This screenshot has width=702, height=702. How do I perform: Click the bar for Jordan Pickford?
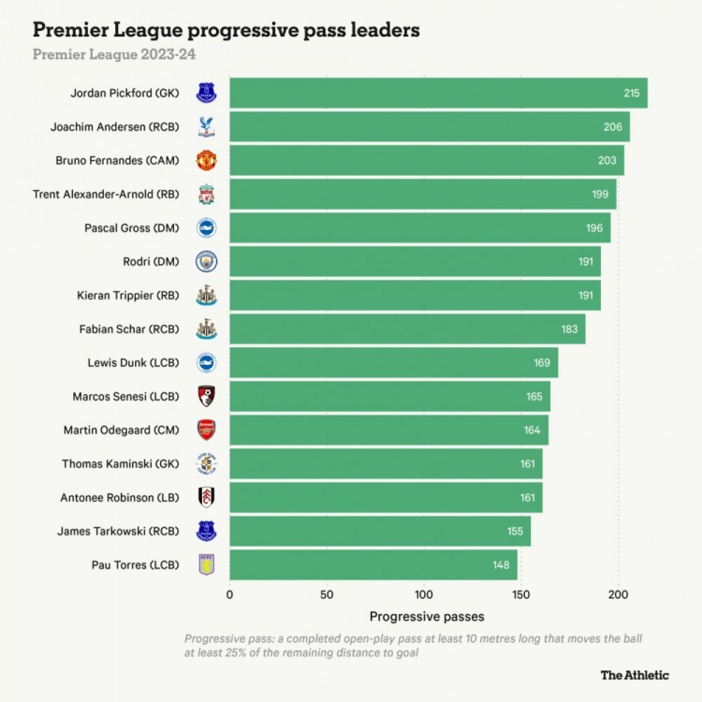coord(438,93)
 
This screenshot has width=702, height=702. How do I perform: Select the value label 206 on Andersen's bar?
coord(612,126)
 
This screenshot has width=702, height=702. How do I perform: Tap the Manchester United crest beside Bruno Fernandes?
coord(206,160)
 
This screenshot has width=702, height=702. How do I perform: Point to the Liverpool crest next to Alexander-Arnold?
coord(206,194)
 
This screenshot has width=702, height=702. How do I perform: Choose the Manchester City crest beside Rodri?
coord(206,261)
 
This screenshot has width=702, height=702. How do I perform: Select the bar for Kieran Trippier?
coord(415,295)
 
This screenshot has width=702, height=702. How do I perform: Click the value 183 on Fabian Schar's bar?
coord(568,329)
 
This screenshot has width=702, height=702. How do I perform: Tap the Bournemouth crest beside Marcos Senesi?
coord(206,396)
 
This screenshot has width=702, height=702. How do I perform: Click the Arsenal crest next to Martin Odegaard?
coord(206,430)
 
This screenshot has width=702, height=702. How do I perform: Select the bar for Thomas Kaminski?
coord(386,463)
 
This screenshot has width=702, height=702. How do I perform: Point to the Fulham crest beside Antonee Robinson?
coord(206,497)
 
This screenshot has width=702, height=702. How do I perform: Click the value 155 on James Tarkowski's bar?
coord(515,531)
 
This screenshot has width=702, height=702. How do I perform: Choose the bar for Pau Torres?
coord(373,564)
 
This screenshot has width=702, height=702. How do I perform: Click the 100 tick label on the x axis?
coord(423,594)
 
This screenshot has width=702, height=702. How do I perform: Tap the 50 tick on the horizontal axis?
coord(327,594)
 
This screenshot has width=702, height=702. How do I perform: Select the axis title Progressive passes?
coord(427,617)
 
